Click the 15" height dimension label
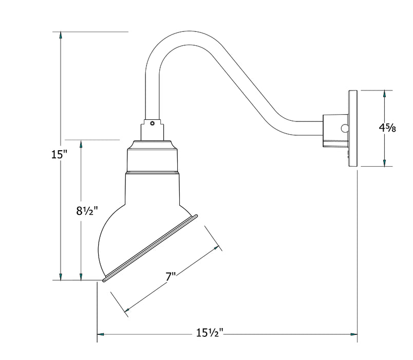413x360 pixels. [x=60, y=154]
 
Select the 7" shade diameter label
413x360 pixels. [x=171, y=277]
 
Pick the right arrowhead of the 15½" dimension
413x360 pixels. [x=354, y=334]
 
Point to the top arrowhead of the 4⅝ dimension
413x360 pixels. [x=384, y=94]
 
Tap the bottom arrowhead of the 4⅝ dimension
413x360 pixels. [x=384, y=163]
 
